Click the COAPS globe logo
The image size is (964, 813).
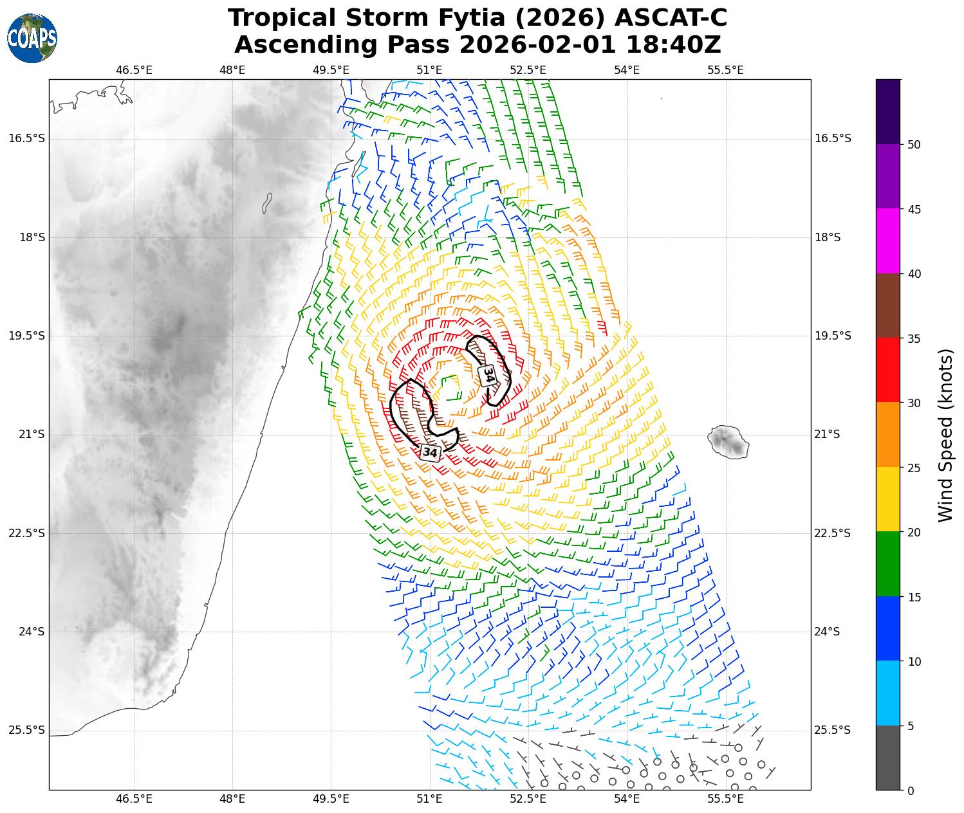(32, 38)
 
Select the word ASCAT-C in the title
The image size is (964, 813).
(671, 18)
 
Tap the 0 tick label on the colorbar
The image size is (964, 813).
(909, 790)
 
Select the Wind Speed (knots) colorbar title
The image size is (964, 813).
(945, 435)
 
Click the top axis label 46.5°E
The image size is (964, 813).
(134, 70)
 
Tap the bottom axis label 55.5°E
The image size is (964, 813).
(725, 799)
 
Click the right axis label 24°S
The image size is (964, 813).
(828, 632)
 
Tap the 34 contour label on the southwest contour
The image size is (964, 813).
(429, 452)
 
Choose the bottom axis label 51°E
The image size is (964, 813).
(429, 799)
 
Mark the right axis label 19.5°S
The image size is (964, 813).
(833, 336)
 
